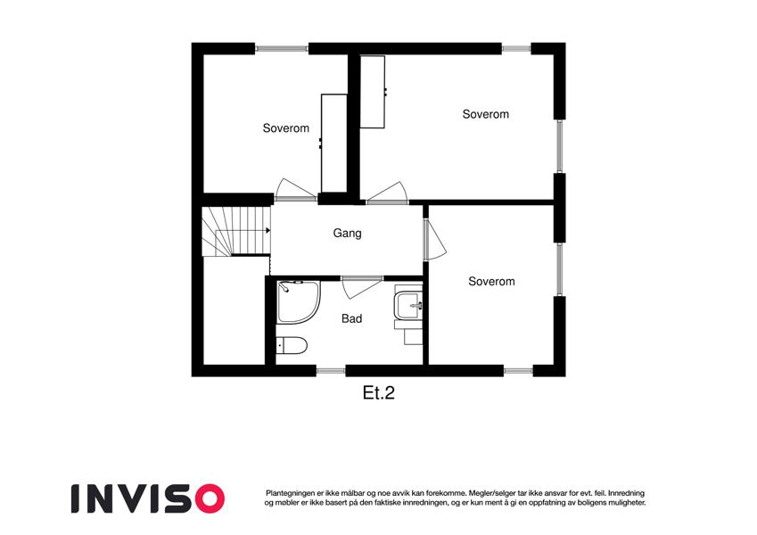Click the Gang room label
point(347,234)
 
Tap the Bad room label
point(351,318)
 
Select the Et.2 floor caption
point(378,393)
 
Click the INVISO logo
point(148,498)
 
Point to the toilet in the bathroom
point(292,345)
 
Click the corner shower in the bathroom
point(299,301)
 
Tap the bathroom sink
point(408,305)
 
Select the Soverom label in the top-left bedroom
point(286,128)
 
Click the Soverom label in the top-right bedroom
point(486,114)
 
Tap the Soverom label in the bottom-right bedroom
point(491,282)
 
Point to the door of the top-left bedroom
point(295,190)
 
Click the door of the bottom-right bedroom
point(435,240)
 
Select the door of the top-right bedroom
point(387,193)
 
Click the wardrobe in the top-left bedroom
point(334,143)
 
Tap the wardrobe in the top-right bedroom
point(373,92)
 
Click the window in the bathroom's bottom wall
point(331,371)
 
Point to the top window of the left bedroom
point(282,48)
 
